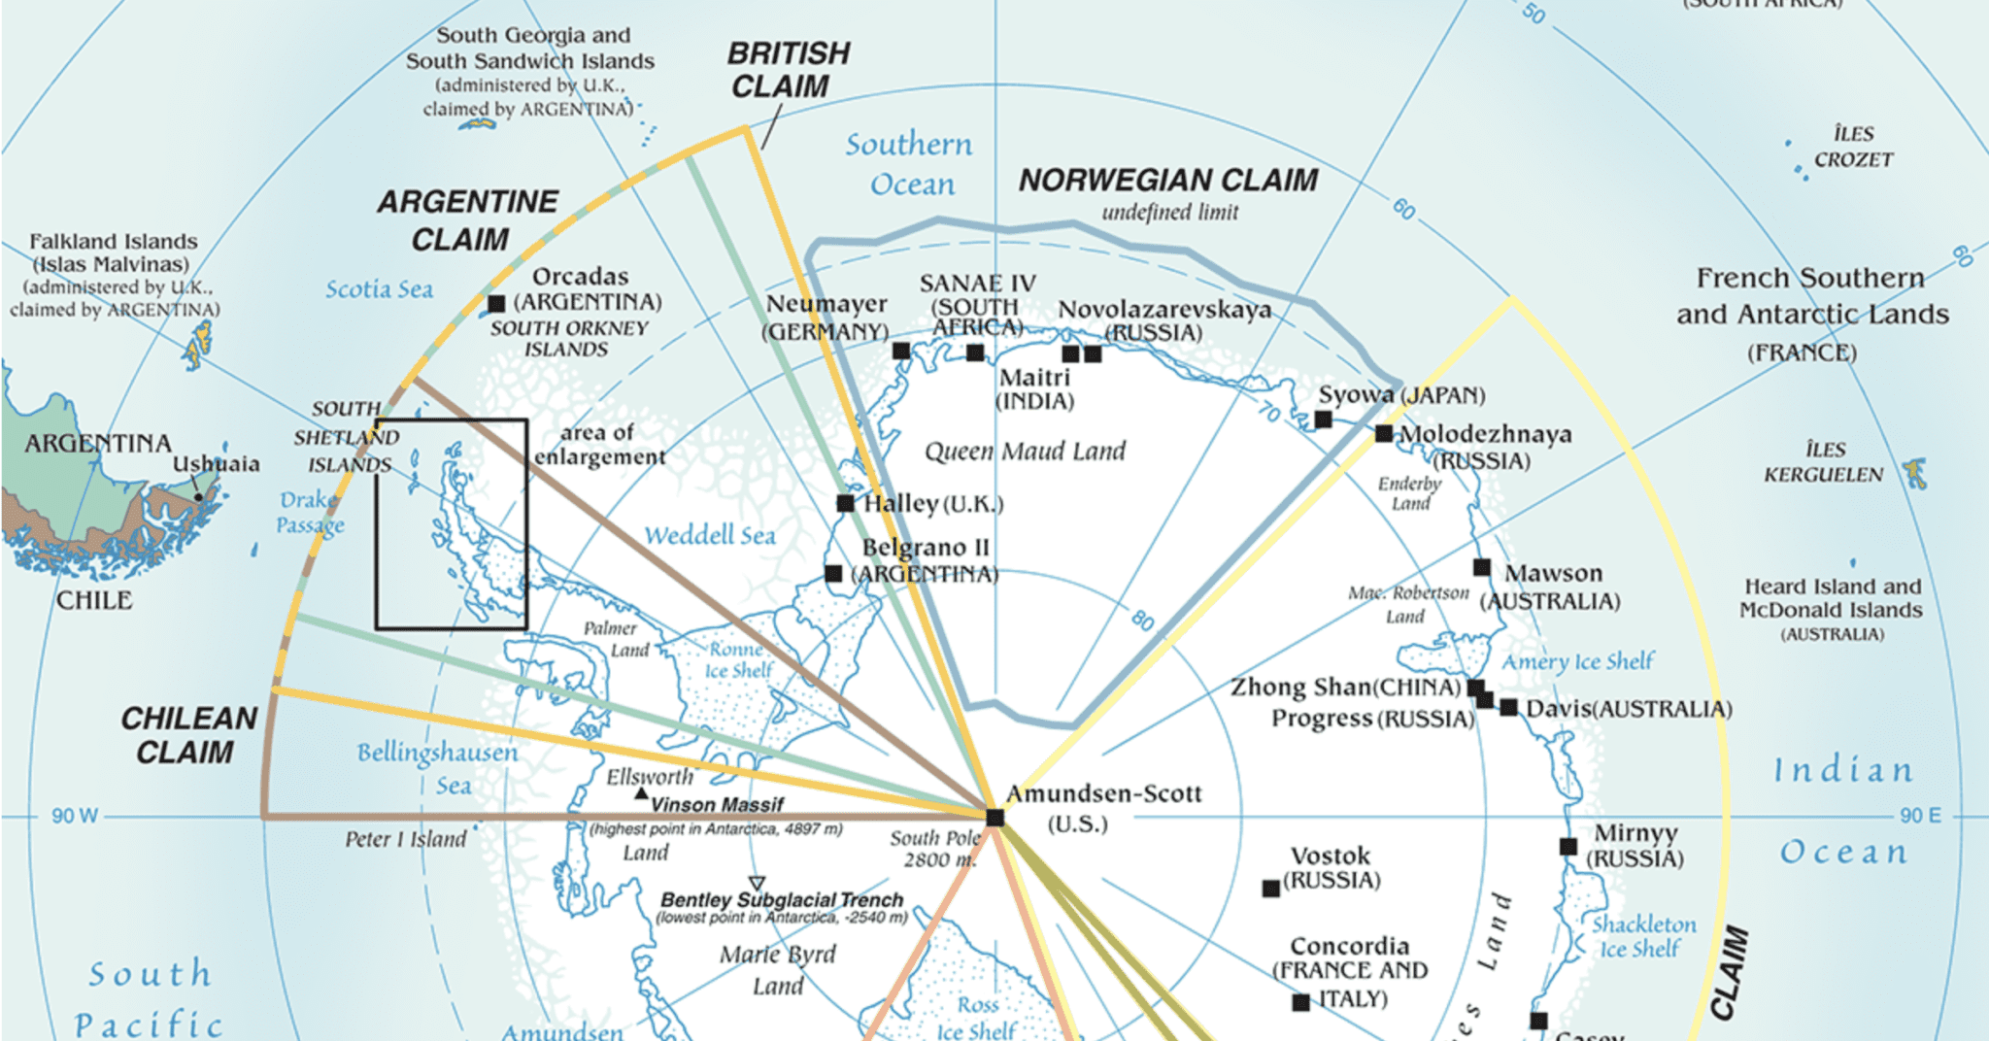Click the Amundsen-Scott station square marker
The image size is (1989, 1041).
[994, 817]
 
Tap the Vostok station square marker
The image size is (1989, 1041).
[1269, 889]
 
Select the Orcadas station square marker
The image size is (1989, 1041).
[496, 304]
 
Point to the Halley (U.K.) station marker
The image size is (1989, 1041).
[845, 503]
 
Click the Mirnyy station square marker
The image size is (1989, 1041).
[1568, 847]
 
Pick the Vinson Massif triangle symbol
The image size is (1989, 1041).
[641, 793]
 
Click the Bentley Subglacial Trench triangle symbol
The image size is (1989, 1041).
[757, 884]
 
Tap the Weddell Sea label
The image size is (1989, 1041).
[710, 535]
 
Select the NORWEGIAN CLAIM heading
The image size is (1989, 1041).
[1168, 181]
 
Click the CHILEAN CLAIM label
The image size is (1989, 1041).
[187, 735]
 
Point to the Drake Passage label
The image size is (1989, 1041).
[310, 513]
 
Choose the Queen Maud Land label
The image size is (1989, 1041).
[1025, 452]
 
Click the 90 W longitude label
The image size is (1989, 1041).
[75, 816]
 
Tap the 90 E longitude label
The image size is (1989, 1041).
[1920, 816]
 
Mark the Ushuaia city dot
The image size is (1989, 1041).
[199, 497]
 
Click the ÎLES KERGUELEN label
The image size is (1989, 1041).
[1823, 462]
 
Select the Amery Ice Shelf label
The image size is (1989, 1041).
[1577, 662]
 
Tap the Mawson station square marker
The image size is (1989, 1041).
[1482, 567]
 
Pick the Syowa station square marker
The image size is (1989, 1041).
[1323, 420]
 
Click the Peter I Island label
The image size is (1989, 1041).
[405, 839]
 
